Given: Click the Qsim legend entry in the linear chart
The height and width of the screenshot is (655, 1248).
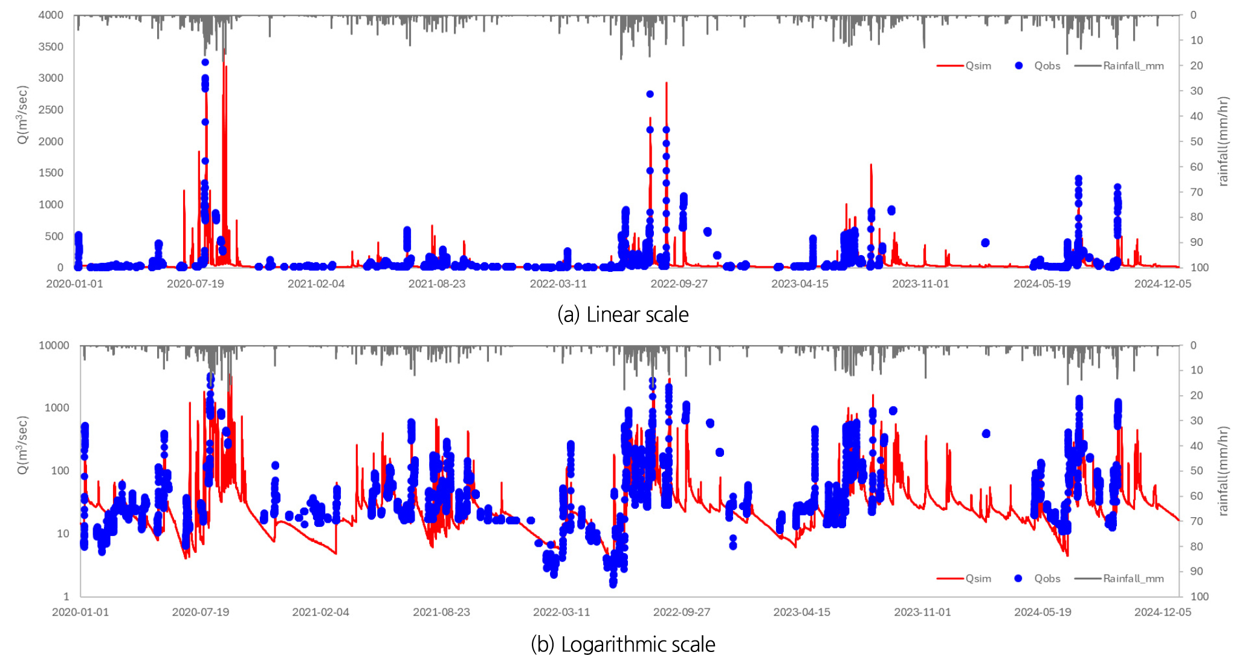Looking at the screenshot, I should [977, 66].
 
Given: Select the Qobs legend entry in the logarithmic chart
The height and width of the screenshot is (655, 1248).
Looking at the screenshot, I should [1047, 578].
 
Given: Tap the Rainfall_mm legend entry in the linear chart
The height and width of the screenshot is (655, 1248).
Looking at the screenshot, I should [1133, 66].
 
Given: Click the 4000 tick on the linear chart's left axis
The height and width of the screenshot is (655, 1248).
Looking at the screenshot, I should [51, 15].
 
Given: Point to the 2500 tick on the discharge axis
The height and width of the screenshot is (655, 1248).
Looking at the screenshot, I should [51, 109].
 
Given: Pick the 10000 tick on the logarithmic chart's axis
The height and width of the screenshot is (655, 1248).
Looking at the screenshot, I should [54, 346].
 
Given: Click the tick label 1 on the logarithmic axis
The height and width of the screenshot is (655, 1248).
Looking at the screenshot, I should [66, 596].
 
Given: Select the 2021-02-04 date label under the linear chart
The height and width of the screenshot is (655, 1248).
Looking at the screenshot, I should [316, 284].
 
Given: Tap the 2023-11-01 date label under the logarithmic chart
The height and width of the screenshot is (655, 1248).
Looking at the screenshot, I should [922, 612].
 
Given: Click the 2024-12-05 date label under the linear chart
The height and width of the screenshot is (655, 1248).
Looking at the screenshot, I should [1163, 284].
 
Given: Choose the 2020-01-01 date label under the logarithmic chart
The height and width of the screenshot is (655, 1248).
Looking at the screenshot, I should [80, 612].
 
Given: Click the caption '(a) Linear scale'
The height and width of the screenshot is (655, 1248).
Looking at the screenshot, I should [623, 315].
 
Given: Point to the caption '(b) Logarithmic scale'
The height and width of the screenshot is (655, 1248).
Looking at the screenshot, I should [623, 644].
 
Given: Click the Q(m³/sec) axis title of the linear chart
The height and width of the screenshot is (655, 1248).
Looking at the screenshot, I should [22, 115].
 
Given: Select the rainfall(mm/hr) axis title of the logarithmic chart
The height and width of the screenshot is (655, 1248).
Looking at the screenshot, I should [1223, 471].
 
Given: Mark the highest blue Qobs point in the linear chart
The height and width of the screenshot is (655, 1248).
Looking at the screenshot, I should [205, 62].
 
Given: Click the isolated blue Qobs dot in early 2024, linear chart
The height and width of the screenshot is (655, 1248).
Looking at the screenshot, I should [985, 243].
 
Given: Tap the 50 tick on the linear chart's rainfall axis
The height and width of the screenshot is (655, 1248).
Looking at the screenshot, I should [1196, 141].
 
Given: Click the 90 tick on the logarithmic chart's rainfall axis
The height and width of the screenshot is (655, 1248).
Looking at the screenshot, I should [1196, 571].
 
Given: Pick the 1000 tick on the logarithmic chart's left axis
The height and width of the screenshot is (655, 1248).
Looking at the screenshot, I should [57, 408].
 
